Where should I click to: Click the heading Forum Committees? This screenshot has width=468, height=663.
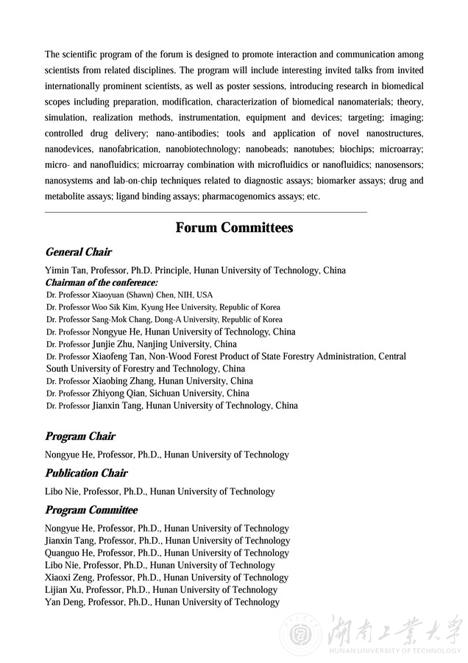point(234,228)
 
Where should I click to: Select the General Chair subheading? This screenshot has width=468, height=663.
point(78,253)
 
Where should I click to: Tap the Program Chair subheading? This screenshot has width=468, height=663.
point(80,437)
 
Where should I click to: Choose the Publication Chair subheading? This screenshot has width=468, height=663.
point(86,474)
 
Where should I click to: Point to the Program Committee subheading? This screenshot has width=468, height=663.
point(91,511)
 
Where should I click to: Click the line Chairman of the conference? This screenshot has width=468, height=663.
point(102,282)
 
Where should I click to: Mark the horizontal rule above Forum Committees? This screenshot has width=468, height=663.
point(206,212)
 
